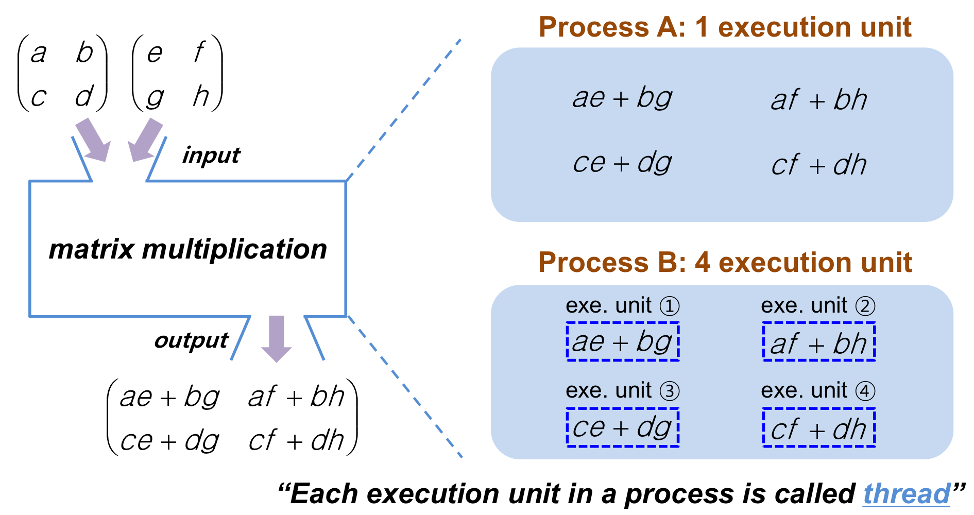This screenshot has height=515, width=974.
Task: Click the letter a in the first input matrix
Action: [39, 54]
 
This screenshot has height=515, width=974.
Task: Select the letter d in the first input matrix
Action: [84, 96]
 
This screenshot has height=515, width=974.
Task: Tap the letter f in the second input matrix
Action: [199, 53]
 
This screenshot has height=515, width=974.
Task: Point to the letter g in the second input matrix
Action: [155, 98]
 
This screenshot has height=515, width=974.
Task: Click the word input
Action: [211, 155]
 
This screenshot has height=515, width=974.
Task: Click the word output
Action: [191, 340]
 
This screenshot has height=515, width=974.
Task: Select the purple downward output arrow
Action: [277, 339]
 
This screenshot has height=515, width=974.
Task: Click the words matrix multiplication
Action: [188, 249]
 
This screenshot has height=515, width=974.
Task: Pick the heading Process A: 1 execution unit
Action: [725, 27]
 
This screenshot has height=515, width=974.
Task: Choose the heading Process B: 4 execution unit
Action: [725, 262]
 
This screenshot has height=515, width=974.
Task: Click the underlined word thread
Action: [907, 494]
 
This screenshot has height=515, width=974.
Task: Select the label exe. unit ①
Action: [623, 306]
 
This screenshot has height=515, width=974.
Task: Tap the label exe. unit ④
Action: [818, 391]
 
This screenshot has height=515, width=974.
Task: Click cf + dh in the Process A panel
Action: [819, 165]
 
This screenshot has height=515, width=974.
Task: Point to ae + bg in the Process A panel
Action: [623, 97]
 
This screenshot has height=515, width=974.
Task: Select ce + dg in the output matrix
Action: [170, 441]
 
